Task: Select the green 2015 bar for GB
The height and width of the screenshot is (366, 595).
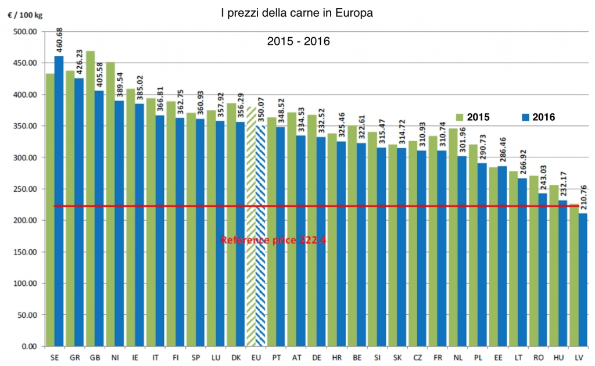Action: (90, 198)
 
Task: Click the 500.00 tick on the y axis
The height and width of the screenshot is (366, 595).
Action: (25, 31)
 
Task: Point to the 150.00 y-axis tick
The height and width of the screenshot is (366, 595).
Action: (25, 252)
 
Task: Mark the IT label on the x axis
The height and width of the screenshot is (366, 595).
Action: (155, 356)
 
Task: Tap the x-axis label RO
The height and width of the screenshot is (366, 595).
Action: (539, 356)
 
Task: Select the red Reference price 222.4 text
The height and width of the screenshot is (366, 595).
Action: (273, 239)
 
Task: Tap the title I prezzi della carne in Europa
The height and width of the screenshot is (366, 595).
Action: (297, 13)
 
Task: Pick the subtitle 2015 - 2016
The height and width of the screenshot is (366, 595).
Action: (298, 42)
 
